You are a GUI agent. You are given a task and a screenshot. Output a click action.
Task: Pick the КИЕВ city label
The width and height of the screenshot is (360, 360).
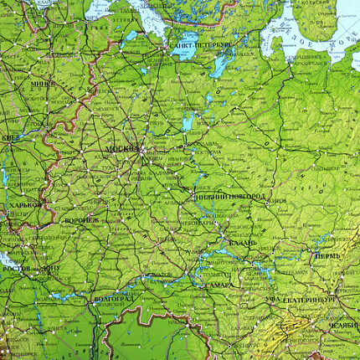click(x=10, y=136)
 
